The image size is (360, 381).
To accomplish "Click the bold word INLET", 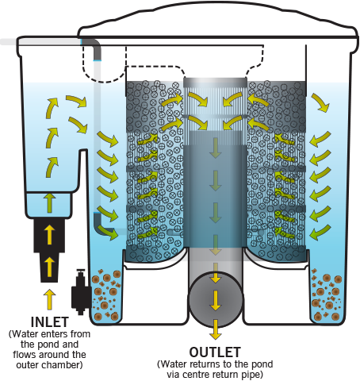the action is tap(50, 322).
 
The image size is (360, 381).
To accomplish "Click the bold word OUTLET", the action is tap(215, 352).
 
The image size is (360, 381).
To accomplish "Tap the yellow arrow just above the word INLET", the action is tap(49, 299).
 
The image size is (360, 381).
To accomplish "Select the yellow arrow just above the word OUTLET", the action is tap(216, 329).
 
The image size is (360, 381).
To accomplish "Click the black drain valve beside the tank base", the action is tap(80, 292).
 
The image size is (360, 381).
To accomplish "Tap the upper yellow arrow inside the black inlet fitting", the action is tap(49, 235).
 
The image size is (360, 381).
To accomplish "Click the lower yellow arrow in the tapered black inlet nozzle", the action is tap(49, 267).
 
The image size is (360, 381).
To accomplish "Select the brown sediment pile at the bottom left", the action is tap(106, 294).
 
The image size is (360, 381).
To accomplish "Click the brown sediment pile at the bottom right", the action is tap(327, 294).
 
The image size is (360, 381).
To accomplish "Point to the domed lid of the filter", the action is tap(218, 21).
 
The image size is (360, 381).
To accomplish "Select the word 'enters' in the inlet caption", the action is tap(54, 334).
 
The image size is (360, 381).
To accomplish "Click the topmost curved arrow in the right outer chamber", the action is tap(320, 102).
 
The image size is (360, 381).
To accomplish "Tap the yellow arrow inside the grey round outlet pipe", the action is tap(216, 301).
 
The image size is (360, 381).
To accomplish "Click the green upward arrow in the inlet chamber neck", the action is tap(49, 203).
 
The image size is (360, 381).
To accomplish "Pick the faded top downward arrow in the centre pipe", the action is tap(216, 148).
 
